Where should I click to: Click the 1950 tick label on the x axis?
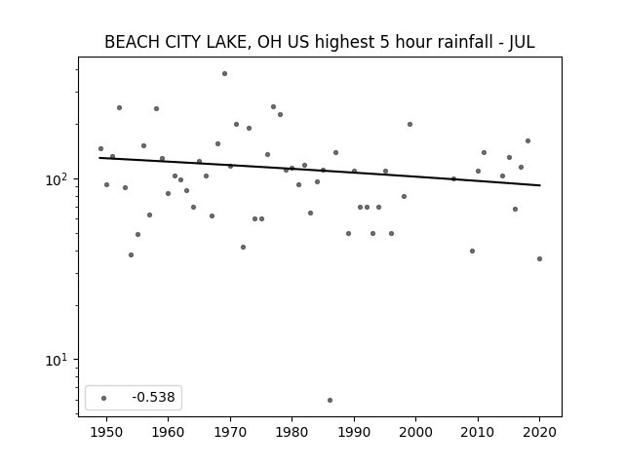[x=106, y=432]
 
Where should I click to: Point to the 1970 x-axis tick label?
[x=230, y=432]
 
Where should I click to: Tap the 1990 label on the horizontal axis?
[x=354, y=432]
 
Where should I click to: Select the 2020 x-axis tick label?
[x=539, y=432]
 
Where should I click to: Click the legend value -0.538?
[x=153, y=397]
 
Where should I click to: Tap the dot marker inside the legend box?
[x=104, y=398]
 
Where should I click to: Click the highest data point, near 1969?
[x=224, y=74]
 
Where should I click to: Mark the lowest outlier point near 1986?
[x=330, y=401]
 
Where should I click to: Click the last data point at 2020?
[x=539, y=259]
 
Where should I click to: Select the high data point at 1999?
[x=409, y=125]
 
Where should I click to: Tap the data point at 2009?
[x=472, y=252]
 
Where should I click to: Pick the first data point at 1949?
[x=100, y=149]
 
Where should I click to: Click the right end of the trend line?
[x=540, y=185]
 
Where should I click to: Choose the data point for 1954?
[x=131, y=255]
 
